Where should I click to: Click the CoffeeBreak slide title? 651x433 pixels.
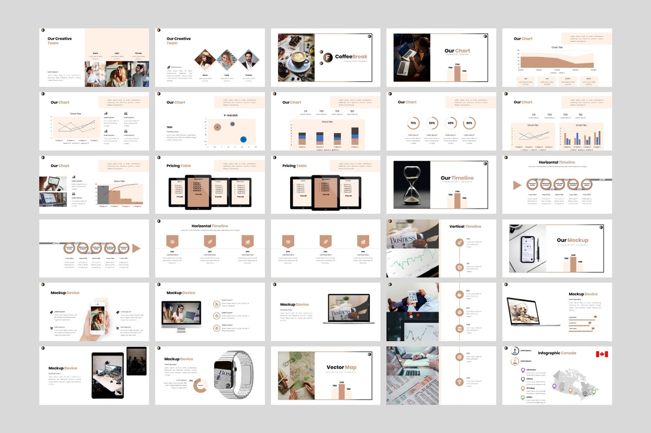[x=351, y=57]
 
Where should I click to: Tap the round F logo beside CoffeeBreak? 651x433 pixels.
[x=328, y=58]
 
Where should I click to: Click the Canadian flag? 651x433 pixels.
[x=602, y=354]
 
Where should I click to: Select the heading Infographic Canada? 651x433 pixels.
[x=557, y=353]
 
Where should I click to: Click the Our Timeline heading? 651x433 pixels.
[x=457, y=178]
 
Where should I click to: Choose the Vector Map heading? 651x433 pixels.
[x=341, y=367]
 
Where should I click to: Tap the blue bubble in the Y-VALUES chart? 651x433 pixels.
[x=243, y=139]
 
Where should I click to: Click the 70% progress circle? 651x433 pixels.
[x=413, y=123]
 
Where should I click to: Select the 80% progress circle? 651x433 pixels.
[x=469, y=123]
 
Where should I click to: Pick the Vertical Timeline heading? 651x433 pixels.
[x=465, y=226]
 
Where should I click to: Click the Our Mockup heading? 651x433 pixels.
[x=572, y=240]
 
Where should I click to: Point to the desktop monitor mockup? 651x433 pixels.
[x=181, y=314]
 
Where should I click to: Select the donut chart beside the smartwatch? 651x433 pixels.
[x=200, y=385]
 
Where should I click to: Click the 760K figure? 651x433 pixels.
[x=169, y=127]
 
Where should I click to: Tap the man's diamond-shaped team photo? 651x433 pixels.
[x=249, y=60]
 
